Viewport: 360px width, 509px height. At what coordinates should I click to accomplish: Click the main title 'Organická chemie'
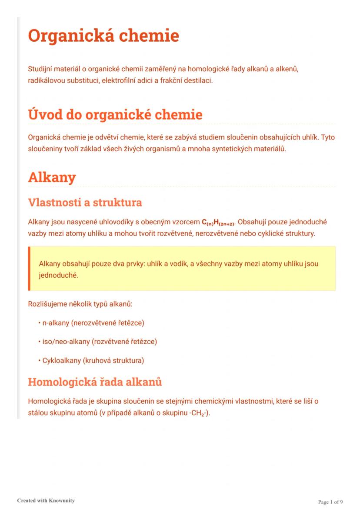click(x=103, y=36)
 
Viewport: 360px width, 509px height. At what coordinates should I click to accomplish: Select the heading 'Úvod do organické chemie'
click(x=115, y=115)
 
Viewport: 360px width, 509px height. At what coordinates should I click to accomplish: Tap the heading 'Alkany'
click(x=52, y=177)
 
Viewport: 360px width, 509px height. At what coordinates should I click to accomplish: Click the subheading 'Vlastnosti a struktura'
click(x=85, y=203)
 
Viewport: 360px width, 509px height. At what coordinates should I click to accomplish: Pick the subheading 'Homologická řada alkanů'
click(x=95, y=382)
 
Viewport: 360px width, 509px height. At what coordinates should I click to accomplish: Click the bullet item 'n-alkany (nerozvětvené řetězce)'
click(x=93, y=323)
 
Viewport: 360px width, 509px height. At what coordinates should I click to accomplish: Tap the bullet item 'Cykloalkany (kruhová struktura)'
click(x=93, y=360)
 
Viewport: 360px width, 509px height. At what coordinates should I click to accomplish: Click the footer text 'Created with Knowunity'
click(x=46, y=500)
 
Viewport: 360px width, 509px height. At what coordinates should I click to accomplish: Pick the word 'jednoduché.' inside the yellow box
click(x=58, y=275)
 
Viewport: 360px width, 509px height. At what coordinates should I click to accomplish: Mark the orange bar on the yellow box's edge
click(x=30, y=268)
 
